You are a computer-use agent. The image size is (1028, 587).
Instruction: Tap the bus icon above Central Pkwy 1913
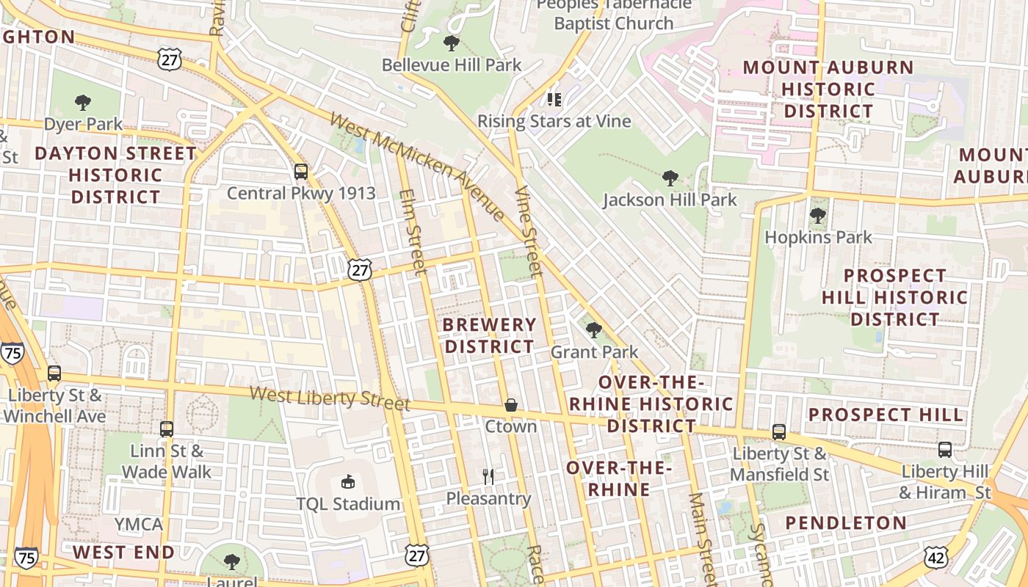(x=301, y=172)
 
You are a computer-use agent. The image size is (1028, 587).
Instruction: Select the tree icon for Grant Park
(x=594, y=330)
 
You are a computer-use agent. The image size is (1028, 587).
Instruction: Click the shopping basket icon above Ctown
(x=510, y=405)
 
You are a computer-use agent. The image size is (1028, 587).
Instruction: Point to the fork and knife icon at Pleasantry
(x=488, y=477)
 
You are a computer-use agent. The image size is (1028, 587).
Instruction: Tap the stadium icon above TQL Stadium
(x=348, y=482)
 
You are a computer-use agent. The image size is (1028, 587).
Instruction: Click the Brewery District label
(x=490, y=335)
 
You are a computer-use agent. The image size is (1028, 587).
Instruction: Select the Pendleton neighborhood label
(x=846, y=523)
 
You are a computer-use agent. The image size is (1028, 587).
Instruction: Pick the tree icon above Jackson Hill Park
(x=670, y=178)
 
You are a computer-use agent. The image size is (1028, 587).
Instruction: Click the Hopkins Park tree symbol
(x=818, y=216)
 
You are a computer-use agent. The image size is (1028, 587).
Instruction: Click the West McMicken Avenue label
(x=417, y=166)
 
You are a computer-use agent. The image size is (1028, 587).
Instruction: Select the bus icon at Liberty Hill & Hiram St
(x=945, y=450)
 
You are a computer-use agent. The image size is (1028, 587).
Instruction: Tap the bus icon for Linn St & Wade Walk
(x=167, y=429)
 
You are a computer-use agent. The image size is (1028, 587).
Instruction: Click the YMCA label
(x=139, y=525)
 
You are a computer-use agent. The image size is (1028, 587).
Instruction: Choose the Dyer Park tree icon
(x=83, y=103)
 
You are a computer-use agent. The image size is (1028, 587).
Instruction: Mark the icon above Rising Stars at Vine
(x=554, y=99)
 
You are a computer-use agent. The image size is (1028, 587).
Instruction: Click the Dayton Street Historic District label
(x=115, y=175)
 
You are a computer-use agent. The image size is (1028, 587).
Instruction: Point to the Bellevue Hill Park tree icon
(x=452, y=43)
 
